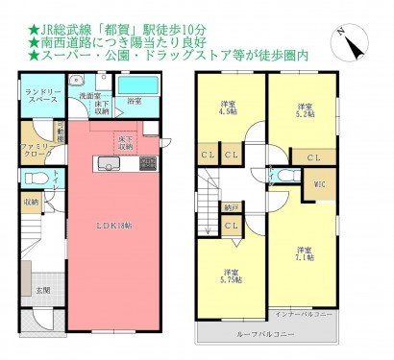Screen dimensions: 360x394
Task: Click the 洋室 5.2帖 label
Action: coord(304,109)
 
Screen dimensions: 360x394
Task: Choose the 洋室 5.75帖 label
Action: coord(231,274)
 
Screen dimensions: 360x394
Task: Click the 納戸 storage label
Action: coord(232,205)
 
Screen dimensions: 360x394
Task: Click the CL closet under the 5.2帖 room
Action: coord(314,156)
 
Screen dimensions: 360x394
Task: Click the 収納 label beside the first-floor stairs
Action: coord(32,202)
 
